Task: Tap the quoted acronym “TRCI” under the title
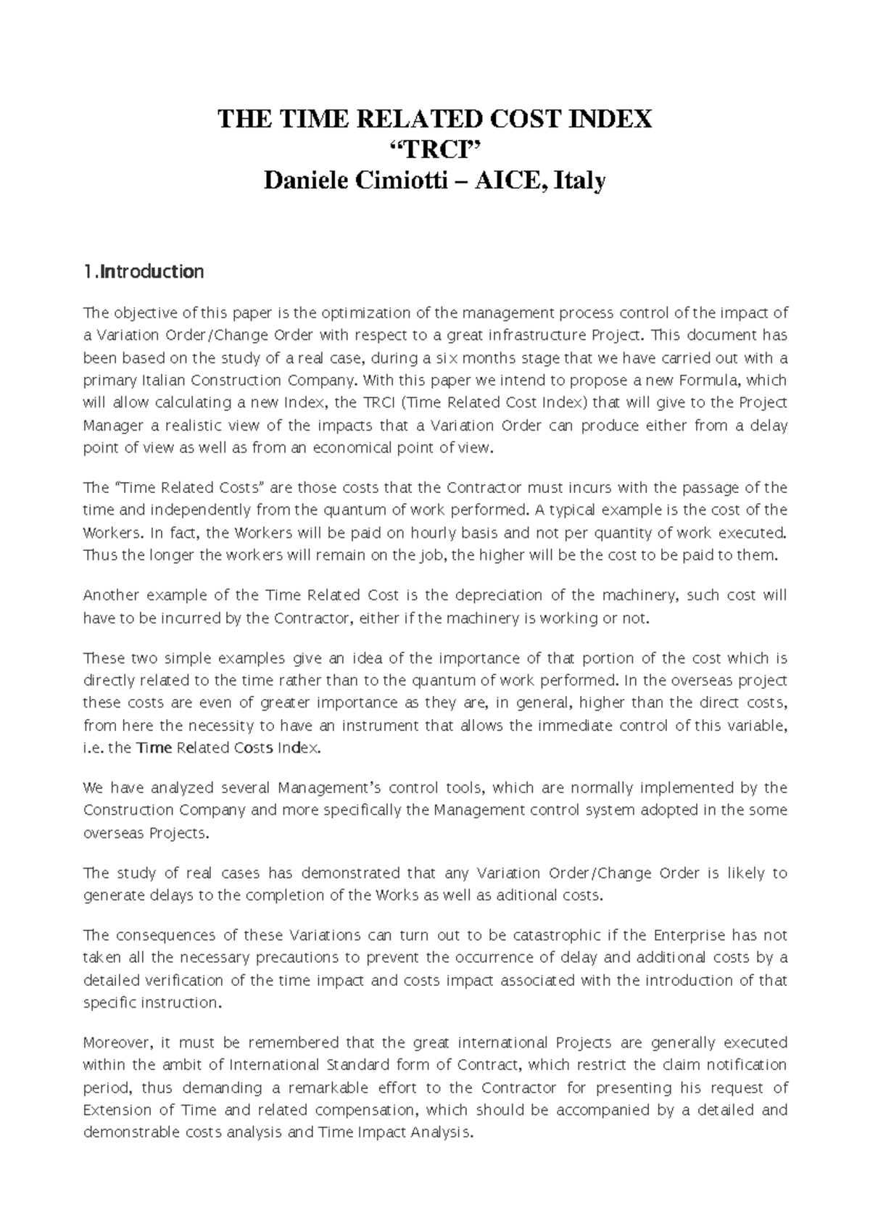(x=435, y=149)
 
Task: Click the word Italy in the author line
(x=579, y=181)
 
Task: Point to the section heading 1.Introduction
(x=144, y=272)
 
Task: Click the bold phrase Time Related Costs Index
(x=227, y=748)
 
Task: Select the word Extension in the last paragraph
(x=113, y=1111)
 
